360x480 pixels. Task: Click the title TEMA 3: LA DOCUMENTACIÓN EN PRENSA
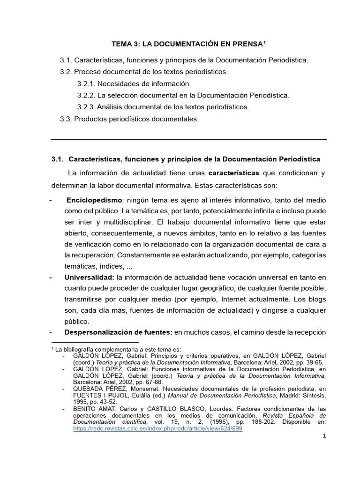point(187,44)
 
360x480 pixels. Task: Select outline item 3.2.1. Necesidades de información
point(134,83)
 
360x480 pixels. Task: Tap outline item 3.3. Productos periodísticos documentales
point(129,119)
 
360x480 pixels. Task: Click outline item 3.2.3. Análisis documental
point(163,107)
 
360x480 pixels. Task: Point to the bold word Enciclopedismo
point(94,200)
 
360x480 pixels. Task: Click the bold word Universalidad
point(90,278)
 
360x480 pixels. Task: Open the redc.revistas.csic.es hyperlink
point(157,429)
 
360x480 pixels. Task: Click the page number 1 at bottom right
point(324,436)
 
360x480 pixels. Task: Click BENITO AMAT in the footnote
point(93,409)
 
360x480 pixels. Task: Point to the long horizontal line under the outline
point(188,139)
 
